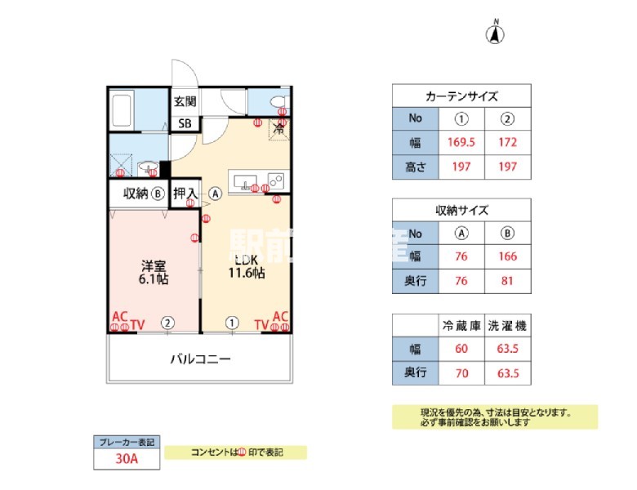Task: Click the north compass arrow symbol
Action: (496, 33)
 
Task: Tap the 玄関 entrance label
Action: (185, 102)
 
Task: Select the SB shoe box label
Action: (185, 123)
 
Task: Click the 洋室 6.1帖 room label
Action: (153, 273)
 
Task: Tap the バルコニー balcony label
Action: (200, 359)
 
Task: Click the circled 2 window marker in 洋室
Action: (167, 323)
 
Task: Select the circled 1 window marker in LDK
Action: (233, 323)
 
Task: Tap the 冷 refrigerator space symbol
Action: (278, 128)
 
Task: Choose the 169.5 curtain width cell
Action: (461, 142)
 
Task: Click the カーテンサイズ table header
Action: (461, 96)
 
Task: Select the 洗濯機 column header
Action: (507, 325)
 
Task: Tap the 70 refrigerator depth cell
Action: (461, 373)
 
